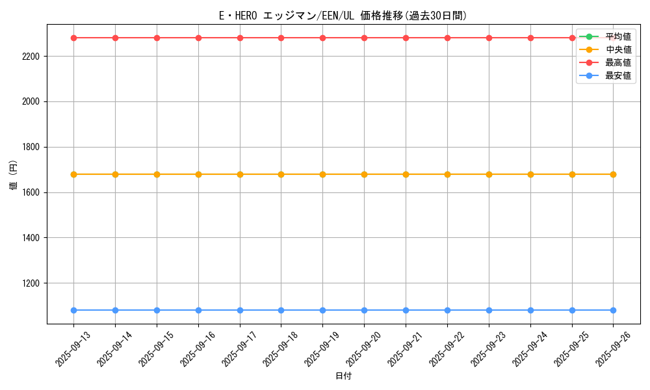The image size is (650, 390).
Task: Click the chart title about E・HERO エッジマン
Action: (x=343, y=16)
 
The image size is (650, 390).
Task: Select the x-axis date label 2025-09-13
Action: (x=72, y=349)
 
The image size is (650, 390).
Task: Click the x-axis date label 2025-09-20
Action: (x=363, y=349)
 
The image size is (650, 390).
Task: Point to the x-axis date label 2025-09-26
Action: (x=612, y=349)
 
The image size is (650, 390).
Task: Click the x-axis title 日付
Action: (x=343, y=376)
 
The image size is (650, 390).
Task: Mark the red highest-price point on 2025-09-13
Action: (x=73, y=38)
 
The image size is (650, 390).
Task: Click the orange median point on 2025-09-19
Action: (x=322, y=174)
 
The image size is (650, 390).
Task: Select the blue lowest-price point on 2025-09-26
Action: (x=613, y=310)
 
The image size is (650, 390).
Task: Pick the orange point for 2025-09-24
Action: (x=530, y=174)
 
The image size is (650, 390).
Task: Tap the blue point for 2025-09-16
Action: (x=198, y=310)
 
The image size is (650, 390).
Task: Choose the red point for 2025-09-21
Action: (x=406, y=38)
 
